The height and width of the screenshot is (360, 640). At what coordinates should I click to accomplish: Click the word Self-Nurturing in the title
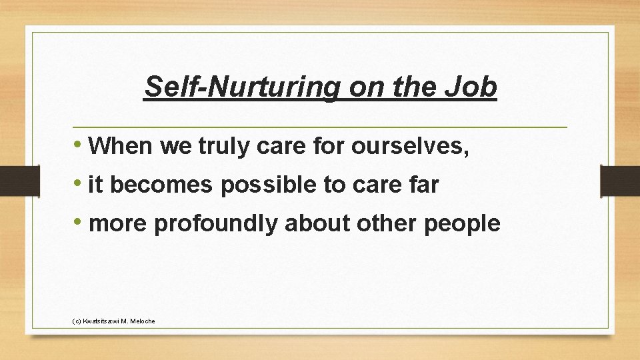241,87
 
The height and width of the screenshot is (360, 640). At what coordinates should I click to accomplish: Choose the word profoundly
215,225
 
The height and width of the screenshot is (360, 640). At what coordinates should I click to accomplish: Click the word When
121,146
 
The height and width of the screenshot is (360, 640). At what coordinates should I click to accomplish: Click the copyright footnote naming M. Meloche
113,321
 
